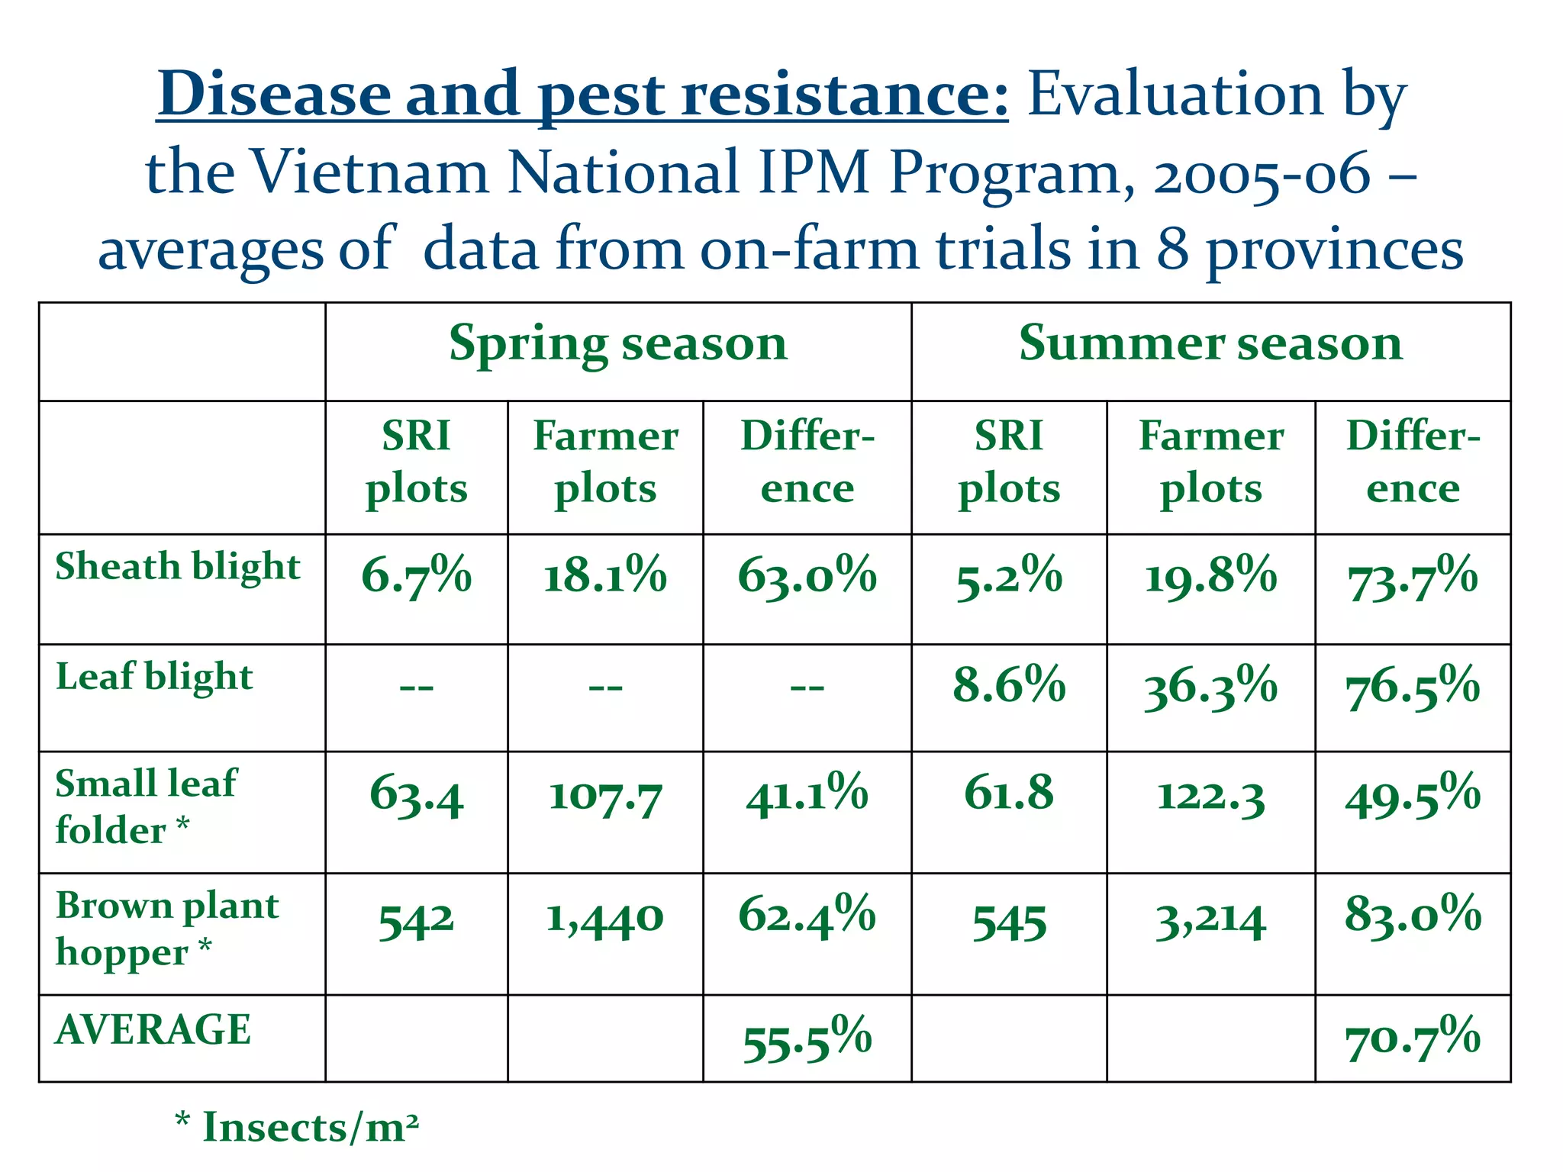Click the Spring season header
click(617, 344)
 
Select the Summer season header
click(1210, 343)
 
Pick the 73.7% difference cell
click(1413, 578)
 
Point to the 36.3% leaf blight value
click(1210, 686)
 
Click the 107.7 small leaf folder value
click(604, 797)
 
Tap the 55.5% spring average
click(807, 1039)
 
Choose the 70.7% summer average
click(1413, 1039)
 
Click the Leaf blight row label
click(154, 678)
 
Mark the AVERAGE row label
click(153, 1029)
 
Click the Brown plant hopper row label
click(166, 929)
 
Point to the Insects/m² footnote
click(298, 1127)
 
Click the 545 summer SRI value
click(1009, 922)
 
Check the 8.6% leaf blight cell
click(1009, 684)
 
